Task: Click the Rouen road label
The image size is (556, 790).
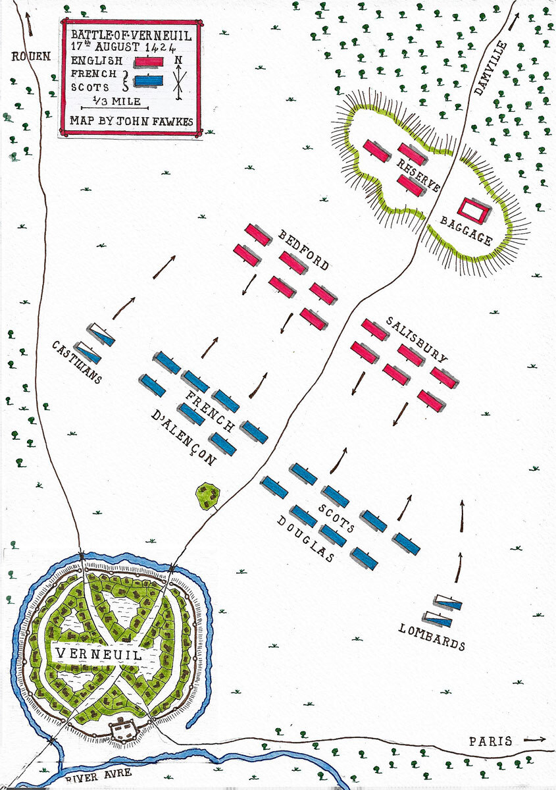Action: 31,57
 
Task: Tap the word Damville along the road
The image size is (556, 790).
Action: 490,68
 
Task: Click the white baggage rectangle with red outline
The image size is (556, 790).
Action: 474,211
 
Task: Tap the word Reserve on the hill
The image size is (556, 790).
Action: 418,175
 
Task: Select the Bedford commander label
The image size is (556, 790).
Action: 303,250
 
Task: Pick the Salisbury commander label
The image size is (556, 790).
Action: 417,339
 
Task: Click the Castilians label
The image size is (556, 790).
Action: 77,362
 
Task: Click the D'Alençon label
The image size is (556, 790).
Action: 184,438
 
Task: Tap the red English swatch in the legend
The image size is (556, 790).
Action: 149,62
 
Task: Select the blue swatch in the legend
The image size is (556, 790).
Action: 149,81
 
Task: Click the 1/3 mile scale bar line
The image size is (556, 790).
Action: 114,108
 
